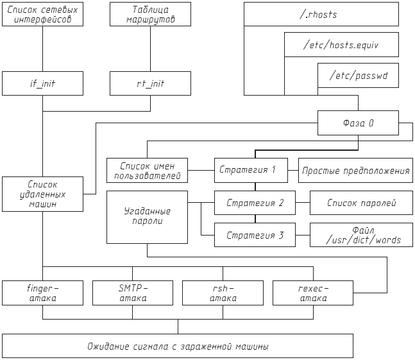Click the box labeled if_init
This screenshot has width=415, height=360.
click(x=42, y=83)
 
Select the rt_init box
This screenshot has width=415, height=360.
click(x=150, y=83)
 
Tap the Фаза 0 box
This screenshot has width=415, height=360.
click(x=358, y=122)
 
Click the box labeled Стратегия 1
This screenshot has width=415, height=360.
click(x=255, y=170)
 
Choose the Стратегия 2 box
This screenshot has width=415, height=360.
click(x=255, y=203)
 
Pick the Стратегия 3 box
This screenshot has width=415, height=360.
click(x=255, y=235)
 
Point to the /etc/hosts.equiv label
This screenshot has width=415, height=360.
click(x=341, y=45)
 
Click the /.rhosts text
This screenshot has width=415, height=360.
click(x=318, y=14)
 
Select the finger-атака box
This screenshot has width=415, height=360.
click(x=42, y=293)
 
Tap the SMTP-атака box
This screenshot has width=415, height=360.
click(x=133, y=293)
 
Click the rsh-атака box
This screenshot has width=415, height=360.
click(x=223, y=293)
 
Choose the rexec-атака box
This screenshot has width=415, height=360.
click(x=312, y=293)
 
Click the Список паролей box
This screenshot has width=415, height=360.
click(x=361, y=203)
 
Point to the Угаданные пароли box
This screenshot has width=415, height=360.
click(x=147, y=216)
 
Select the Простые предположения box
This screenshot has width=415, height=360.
click(x=355, y=170)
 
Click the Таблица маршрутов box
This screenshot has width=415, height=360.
click(x=150, y=14)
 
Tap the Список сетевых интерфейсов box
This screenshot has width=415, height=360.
click(x=42, y=14)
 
